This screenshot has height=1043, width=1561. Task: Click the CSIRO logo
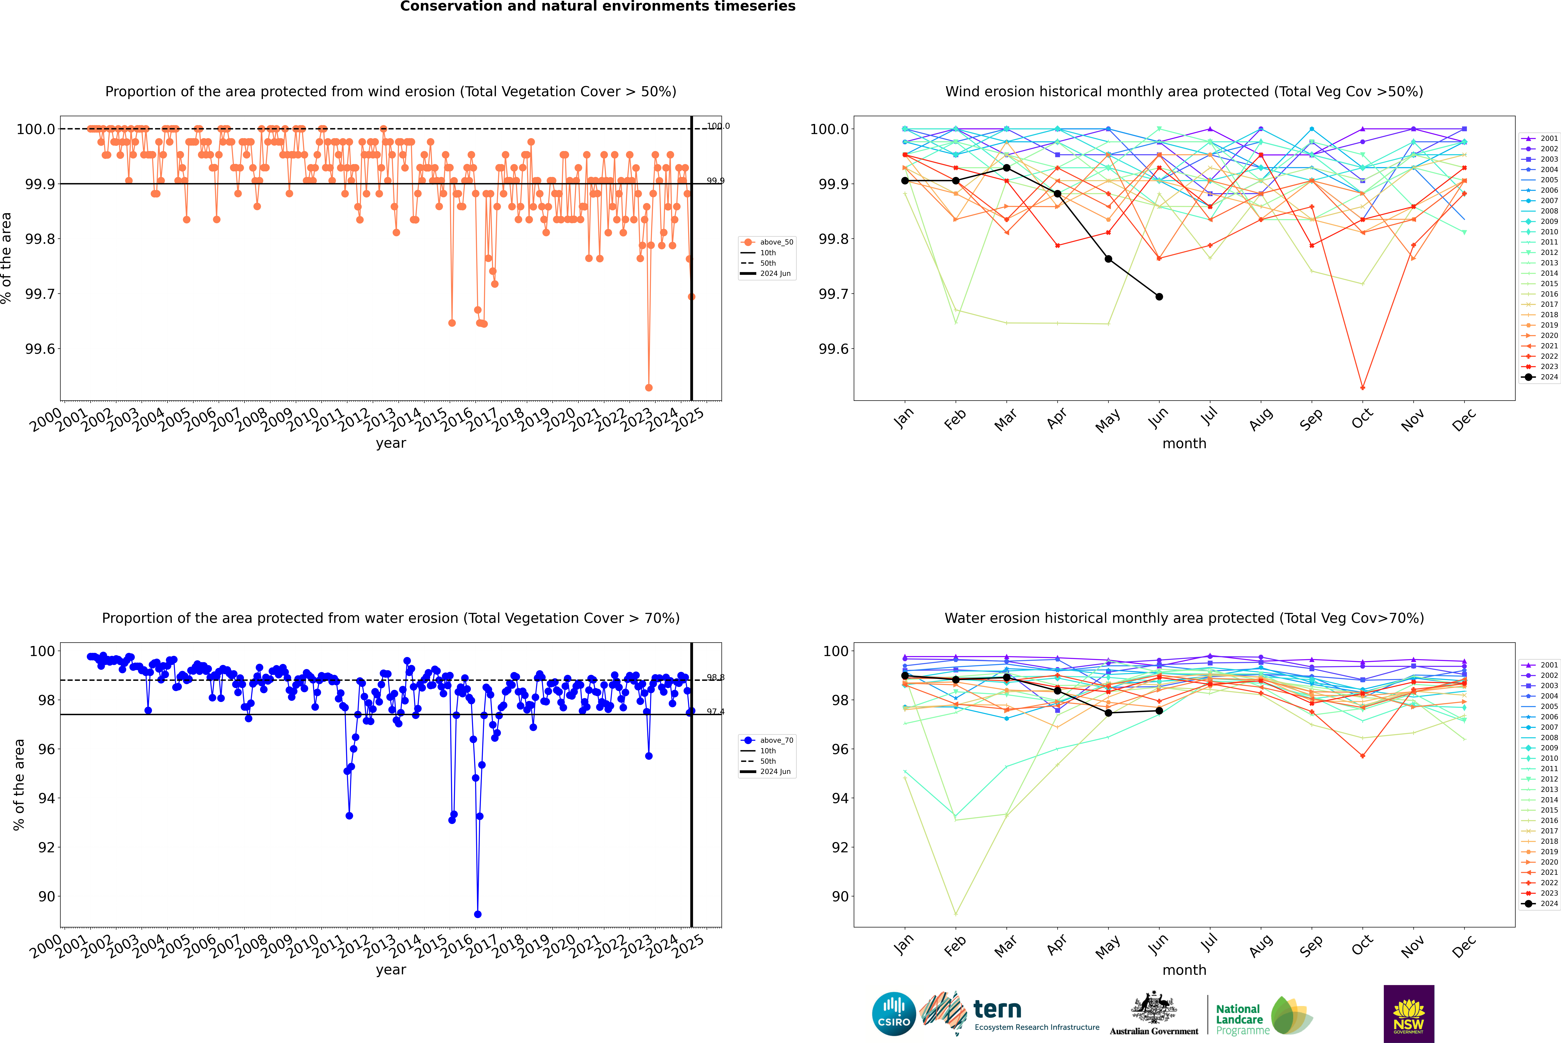[x=894, y=1014]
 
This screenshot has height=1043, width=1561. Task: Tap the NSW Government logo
[x=1409, y=1014]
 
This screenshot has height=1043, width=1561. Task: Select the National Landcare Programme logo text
[x=1239, y=1019]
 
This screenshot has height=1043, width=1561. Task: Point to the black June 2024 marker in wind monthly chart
[x=1159, y=297]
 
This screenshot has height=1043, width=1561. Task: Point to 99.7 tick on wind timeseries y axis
[x=40, y=294]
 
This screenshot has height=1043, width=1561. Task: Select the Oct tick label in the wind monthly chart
[x=1362, y=419]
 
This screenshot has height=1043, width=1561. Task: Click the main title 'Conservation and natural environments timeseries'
[x=597, y=7]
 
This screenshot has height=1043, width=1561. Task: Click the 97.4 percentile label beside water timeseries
[x=715, y=712]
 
